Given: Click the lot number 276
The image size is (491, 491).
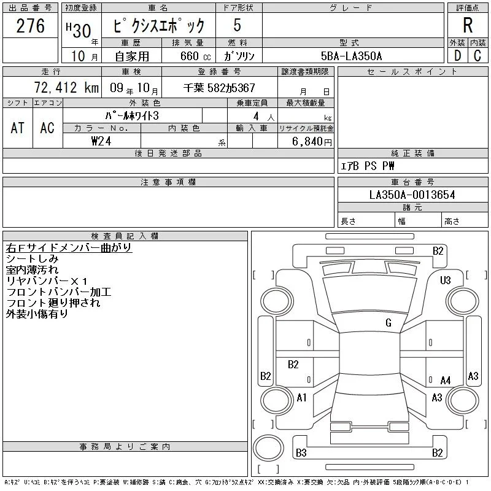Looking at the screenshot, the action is [30, 26].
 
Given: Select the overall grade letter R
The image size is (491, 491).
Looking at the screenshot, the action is [468, 25].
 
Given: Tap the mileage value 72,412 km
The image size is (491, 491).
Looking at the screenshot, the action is [66, 88].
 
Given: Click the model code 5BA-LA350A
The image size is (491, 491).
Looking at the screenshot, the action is [351, 56].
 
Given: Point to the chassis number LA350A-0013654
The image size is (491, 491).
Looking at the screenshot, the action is [412, 195].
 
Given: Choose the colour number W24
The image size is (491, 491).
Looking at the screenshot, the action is [101, 141].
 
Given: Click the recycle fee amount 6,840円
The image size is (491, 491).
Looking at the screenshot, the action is [312, 142].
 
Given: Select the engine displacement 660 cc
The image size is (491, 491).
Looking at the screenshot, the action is [195, 56].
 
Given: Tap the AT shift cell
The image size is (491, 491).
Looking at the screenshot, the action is [18, 128].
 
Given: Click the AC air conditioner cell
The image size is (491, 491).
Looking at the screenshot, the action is [47, 128].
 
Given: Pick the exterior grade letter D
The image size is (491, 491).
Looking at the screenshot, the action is [457, 56].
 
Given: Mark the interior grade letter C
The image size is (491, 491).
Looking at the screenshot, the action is [477, 56].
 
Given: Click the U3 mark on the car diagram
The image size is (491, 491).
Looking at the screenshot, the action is [445, 280].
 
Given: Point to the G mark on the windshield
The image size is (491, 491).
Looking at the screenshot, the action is [389, 323].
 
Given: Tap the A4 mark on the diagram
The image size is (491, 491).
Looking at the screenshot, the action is [446, 381].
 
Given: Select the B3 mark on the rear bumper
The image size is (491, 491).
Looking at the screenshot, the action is [301, 453].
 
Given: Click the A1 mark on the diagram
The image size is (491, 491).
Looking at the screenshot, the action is [301, 398].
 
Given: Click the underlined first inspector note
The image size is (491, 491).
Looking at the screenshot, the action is [69, 247].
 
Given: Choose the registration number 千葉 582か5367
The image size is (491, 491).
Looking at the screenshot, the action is [219, 88].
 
